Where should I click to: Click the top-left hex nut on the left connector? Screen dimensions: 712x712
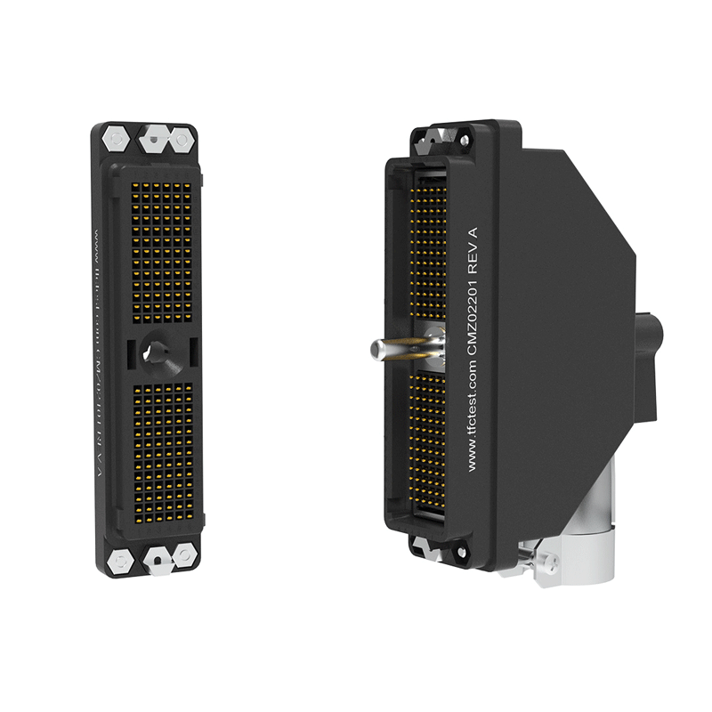115,139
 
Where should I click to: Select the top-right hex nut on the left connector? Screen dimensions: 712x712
183,139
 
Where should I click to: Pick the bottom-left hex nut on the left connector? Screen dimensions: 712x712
118,560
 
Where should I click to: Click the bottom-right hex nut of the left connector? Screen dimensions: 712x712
185,555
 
